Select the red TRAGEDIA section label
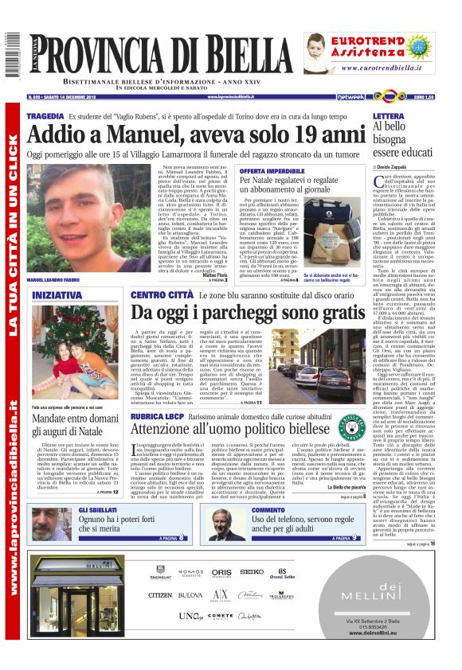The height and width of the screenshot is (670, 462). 45,116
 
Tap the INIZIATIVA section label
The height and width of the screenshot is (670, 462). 57,295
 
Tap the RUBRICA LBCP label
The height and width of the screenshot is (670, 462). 159,415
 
